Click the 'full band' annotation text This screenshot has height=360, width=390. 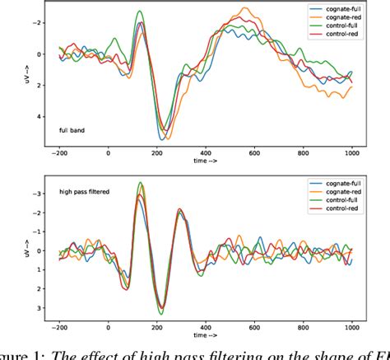coord(71,130)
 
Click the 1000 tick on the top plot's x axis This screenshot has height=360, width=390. coord(351,153)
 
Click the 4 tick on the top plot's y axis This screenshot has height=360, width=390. coord(39,116)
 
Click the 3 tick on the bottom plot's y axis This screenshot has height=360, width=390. coord(39,307)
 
